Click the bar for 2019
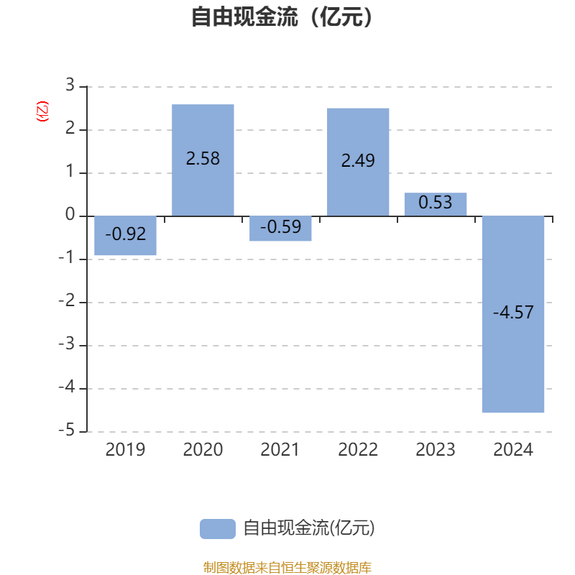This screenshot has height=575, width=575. coord(125,236)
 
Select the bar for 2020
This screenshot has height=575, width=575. coord(203,160)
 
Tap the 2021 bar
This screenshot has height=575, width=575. coord(280,229)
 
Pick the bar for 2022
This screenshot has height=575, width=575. coord(358,162)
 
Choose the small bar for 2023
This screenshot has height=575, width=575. coord(436,204)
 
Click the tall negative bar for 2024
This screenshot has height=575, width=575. coord(513,314)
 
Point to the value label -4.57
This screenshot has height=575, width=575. coord(513,313)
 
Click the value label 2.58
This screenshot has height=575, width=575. coord(203,158)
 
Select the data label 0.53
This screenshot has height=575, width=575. coord(436,203)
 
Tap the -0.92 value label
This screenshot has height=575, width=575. coord(125,234)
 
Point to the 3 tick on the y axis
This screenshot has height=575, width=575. coord(70,85)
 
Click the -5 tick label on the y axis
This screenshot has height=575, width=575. coord(66,430)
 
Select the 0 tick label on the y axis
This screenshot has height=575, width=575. coord(70,214)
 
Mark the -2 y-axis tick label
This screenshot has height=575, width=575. coord(66,300)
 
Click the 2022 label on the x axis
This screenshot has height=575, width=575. coord(358,450)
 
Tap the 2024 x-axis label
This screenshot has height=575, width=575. coord(513,450)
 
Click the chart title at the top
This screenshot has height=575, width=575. coord(282,17)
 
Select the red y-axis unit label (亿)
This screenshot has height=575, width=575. coord(42,111)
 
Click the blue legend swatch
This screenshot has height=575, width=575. coord(218,529)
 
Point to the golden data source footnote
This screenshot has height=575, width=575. coord(287,567)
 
